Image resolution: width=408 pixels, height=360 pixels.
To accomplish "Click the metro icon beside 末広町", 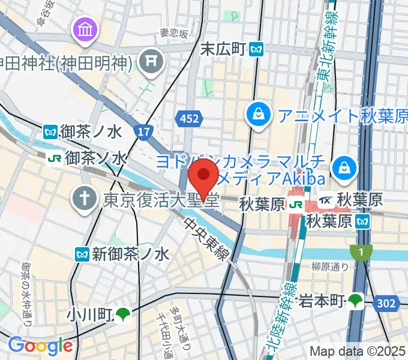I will [258, 49].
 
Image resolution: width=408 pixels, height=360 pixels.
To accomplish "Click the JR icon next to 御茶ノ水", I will [54, 158].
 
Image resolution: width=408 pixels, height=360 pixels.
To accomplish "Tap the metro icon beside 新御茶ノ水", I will [82, 254].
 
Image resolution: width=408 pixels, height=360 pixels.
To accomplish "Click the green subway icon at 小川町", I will [122, 313].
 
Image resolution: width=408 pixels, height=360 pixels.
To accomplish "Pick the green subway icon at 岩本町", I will [356, 299].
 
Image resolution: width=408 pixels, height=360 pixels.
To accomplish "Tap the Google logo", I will [40, 345].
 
